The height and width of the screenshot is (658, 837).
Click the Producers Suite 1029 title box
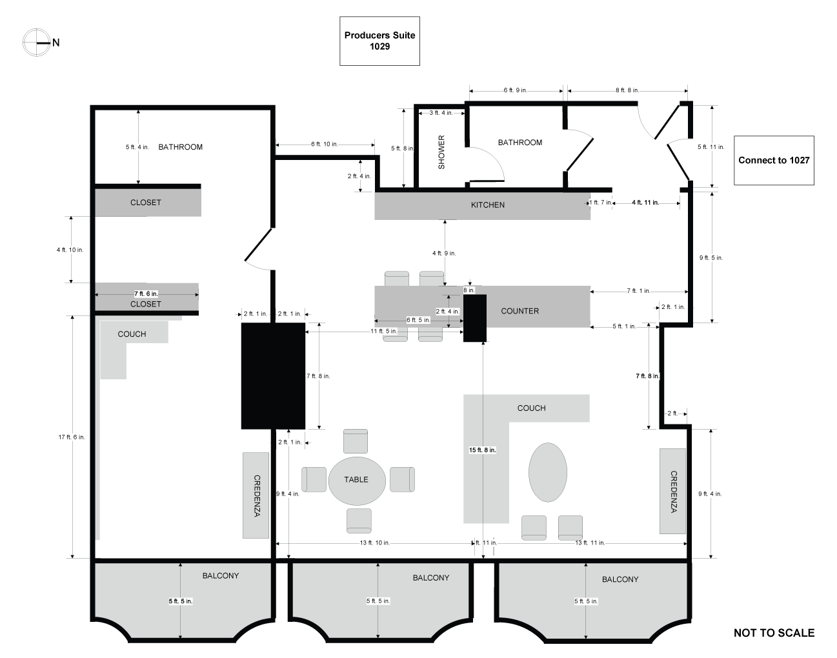click(379, 41)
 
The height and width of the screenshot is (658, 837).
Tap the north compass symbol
click(37, 43)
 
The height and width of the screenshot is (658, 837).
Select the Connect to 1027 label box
click(774, 160)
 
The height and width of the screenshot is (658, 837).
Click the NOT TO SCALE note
click(774, 633)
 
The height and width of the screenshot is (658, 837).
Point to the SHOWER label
click(441, 152)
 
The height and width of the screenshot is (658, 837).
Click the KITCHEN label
click(488, 205)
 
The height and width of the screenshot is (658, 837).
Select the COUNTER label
click(520, 311)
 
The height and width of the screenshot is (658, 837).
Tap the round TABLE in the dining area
click(357, 481)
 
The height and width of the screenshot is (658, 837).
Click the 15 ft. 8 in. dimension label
click(482, 450)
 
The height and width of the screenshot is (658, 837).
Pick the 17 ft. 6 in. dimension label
click(72, 437)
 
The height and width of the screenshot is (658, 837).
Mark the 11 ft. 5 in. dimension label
click(384, 332)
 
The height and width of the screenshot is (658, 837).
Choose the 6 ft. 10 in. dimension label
click(325, 145)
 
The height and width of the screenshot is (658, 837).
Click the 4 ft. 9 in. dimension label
click(444, 253)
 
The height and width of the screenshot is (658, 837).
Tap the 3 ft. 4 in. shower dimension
click(441, 113)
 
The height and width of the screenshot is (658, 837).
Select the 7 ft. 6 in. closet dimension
click(146, 294)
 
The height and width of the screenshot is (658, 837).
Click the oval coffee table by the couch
click(548, 472)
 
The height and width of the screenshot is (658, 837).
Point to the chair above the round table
click(356, 441)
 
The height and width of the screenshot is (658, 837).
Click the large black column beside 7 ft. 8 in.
click(273, 376)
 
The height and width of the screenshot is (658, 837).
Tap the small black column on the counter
click(475, 318)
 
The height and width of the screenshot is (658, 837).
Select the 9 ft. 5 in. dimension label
click(711, 258)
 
